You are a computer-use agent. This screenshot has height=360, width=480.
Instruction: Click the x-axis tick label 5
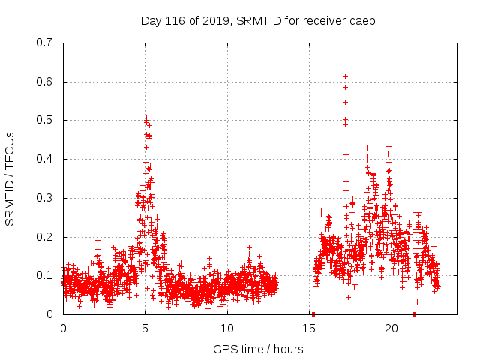click(145, 328)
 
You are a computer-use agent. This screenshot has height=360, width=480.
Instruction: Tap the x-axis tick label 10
click(227, 328)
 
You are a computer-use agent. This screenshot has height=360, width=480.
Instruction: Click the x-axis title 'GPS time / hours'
click(258, 349)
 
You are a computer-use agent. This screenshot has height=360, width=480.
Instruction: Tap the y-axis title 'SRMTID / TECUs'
click(10, 178)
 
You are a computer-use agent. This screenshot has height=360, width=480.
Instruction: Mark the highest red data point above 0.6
click(345, 76)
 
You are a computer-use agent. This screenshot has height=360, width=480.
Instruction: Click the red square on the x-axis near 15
click(313, 313)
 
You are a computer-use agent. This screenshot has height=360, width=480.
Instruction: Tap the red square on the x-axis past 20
click(414, 313)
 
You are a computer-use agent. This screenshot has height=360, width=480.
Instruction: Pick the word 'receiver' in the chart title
click(323, 20)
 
